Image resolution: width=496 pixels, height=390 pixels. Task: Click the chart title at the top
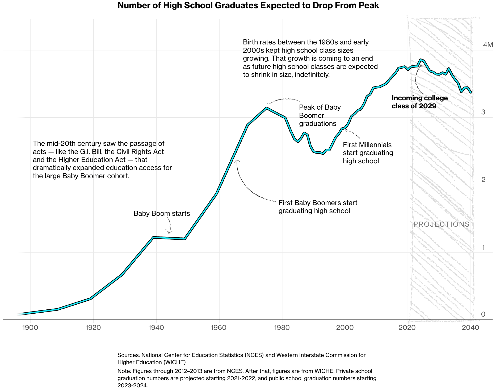[x=248, y=5]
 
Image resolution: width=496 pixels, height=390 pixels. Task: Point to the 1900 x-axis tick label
[x=30, y=327]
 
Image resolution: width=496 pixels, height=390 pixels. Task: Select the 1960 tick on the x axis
[x=218, y=327]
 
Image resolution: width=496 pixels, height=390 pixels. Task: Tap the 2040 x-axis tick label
[x=470, y=327]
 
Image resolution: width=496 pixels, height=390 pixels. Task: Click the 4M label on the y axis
[x=488, y=45]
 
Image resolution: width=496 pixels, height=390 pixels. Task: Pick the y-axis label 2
[x=483, y=180]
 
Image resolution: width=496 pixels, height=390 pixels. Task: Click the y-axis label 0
[x=483, y=314]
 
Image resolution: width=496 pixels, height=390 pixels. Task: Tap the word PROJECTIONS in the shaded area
[x=441, y=224]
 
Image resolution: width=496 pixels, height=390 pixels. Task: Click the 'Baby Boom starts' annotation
[x=162, y=213]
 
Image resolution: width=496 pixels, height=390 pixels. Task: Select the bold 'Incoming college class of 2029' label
[x=419, y=102]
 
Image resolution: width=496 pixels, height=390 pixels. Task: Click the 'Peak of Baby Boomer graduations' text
[x=320, y=115]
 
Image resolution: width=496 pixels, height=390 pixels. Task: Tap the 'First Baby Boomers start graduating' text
[x=318, y=207]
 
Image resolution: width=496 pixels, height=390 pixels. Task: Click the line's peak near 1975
[x=266, y=108]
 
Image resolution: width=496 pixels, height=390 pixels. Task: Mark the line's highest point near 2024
[x=420, y=60]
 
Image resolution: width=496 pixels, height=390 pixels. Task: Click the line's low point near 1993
[x=323, y=153]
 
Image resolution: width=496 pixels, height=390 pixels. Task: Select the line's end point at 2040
[x=471, y=92]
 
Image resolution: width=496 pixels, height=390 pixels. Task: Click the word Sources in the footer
[x=128, y=355]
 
